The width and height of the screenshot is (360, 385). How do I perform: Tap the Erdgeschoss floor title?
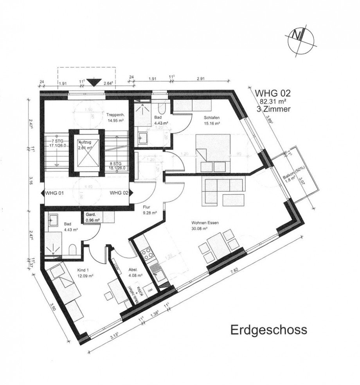tap(268, 329)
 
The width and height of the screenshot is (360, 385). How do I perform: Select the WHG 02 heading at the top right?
tap(273, 94)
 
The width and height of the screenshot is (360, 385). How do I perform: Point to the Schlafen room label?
tap(211, 117)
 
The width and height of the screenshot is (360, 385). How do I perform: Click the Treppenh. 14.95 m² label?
tap(116, 117)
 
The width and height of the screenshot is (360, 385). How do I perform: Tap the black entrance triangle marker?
tap(93, 82)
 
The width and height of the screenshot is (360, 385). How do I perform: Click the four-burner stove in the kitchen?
tap(148, 254)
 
